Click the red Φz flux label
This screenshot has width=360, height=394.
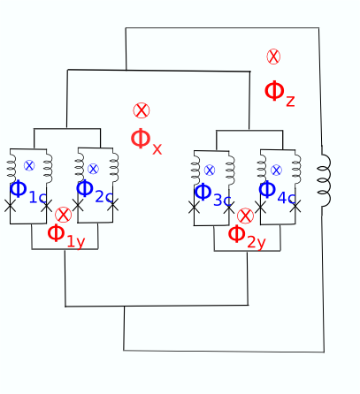click(x=279, y=93)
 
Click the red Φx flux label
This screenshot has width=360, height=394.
click(x=146, y=140)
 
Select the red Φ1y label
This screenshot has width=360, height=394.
click(x=65, y=235)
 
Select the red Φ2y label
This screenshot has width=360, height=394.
click(x=246, y=236)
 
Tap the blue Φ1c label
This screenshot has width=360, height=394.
click(x=27, y=190)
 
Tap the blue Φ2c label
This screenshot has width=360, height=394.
click(x=94, y=190)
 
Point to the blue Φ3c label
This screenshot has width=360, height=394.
click(x=212, y=193)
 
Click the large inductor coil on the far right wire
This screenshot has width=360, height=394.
click(x=323, y=181)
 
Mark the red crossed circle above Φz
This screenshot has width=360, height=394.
click(x=273, y=57)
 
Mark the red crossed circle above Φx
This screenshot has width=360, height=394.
click(x=142, y=110)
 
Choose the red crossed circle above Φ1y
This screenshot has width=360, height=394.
click(x=63, y=215)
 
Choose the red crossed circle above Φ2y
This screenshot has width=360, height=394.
click(x=245, y=216)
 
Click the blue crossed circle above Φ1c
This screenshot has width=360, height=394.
click(x=28, y=166)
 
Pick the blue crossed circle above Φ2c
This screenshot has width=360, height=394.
click(x=93, y=169)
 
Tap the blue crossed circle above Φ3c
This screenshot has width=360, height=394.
click(x=210, y=170)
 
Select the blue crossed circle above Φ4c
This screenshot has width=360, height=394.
click(x=276, y=170)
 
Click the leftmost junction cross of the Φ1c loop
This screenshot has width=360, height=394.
click(x=11, y=205)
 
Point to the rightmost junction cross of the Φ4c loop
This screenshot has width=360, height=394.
click(x=295, y=207)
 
